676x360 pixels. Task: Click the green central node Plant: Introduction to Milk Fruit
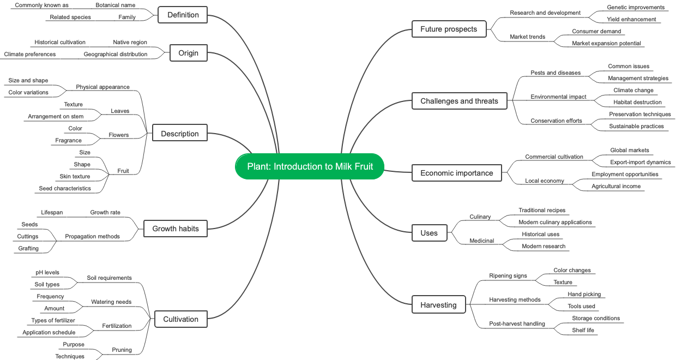tap(310, 166)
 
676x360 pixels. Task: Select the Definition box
tap(183, 15)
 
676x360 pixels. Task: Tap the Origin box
tap(188, 53)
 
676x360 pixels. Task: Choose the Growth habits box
tap(176, 229)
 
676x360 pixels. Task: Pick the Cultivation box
tap(180, 319)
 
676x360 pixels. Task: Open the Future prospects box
tap(448, 29)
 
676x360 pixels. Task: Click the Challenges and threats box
tap(459, 101)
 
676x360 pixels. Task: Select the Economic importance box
tap(456, 173)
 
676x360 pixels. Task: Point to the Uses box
tap(429, 233)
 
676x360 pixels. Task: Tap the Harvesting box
tap(438, 305)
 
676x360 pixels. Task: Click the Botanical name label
tap(115, 5)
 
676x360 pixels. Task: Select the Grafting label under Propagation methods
tap(28, 249)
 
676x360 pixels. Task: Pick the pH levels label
tap(47, 273)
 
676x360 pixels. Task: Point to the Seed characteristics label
tap(65, 189)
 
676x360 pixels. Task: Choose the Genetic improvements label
tap(636, 8)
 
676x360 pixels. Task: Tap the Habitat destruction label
tap(637, 103)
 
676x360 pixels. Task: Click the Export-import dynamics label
tap(640, 163)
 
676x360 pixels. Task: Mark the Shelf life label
tap(583, 331)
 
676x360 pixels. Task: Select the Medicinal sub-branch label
tap(482, 241)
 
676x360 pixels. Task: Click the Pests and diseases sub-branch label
tap(556, 73)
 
